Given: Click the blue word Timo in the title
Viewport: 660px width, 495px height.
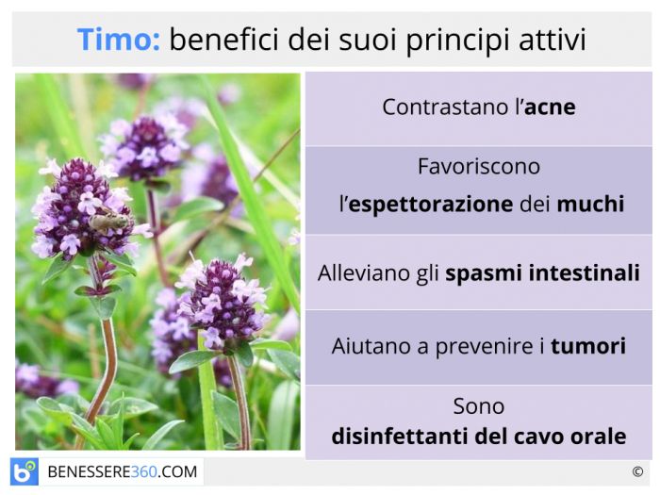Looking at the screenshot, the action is [x=118, y=40].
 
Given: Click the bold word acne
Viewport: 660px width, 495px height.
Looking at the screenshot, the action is [x=550, y=107].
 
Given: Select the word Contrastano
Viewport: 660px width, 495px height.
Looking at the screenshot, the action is [x=447, y=107].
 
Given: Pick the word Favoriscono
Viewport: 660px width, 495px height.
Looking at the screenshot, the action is [x=479, y=166].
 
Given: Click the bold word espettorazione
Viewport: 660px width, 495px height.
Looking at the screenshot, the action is [x=431, y=205].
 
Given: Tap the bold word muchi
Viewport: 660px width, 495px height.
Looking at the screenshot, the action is [x=590, y=204].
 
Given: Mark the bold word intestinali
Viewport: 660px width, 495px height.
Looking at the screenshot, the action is [x=585, y=272].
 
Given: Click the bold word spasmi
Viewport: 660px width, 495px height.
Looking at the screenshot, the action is [x=484, y=274].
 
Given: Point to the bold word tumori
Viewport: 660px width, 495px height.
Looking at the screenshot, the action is [x=588, y=346].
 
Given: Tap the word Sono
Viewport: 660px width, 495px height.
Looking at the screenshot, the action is [x=479, y=406].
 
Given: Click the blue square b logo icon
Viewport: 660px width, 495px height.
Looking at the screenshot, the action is [x=25, y=471].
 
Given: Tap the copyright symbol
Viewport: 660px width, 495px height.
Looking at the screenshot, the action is [x=637, y=471].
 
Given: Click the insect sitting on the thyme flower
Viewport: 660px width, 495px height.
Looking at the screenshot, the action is [x=107, y=220].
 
